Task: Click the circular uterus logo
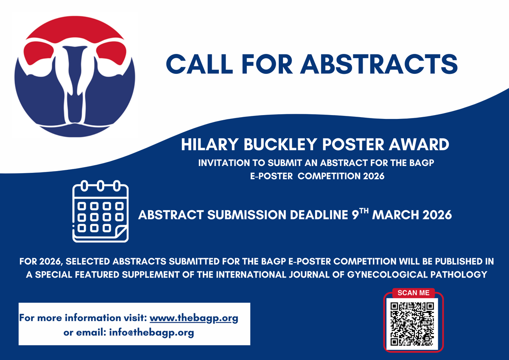(x=75, y=76)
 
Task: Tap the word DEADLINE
(x=318, y=215)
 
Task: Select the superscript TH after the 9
(x=364, y=211)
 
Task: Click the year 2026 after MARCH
(x=437, y=215)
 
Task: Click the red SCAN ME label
(x=413, y=292)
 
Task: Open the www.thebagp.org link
(x=194, y=318)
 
